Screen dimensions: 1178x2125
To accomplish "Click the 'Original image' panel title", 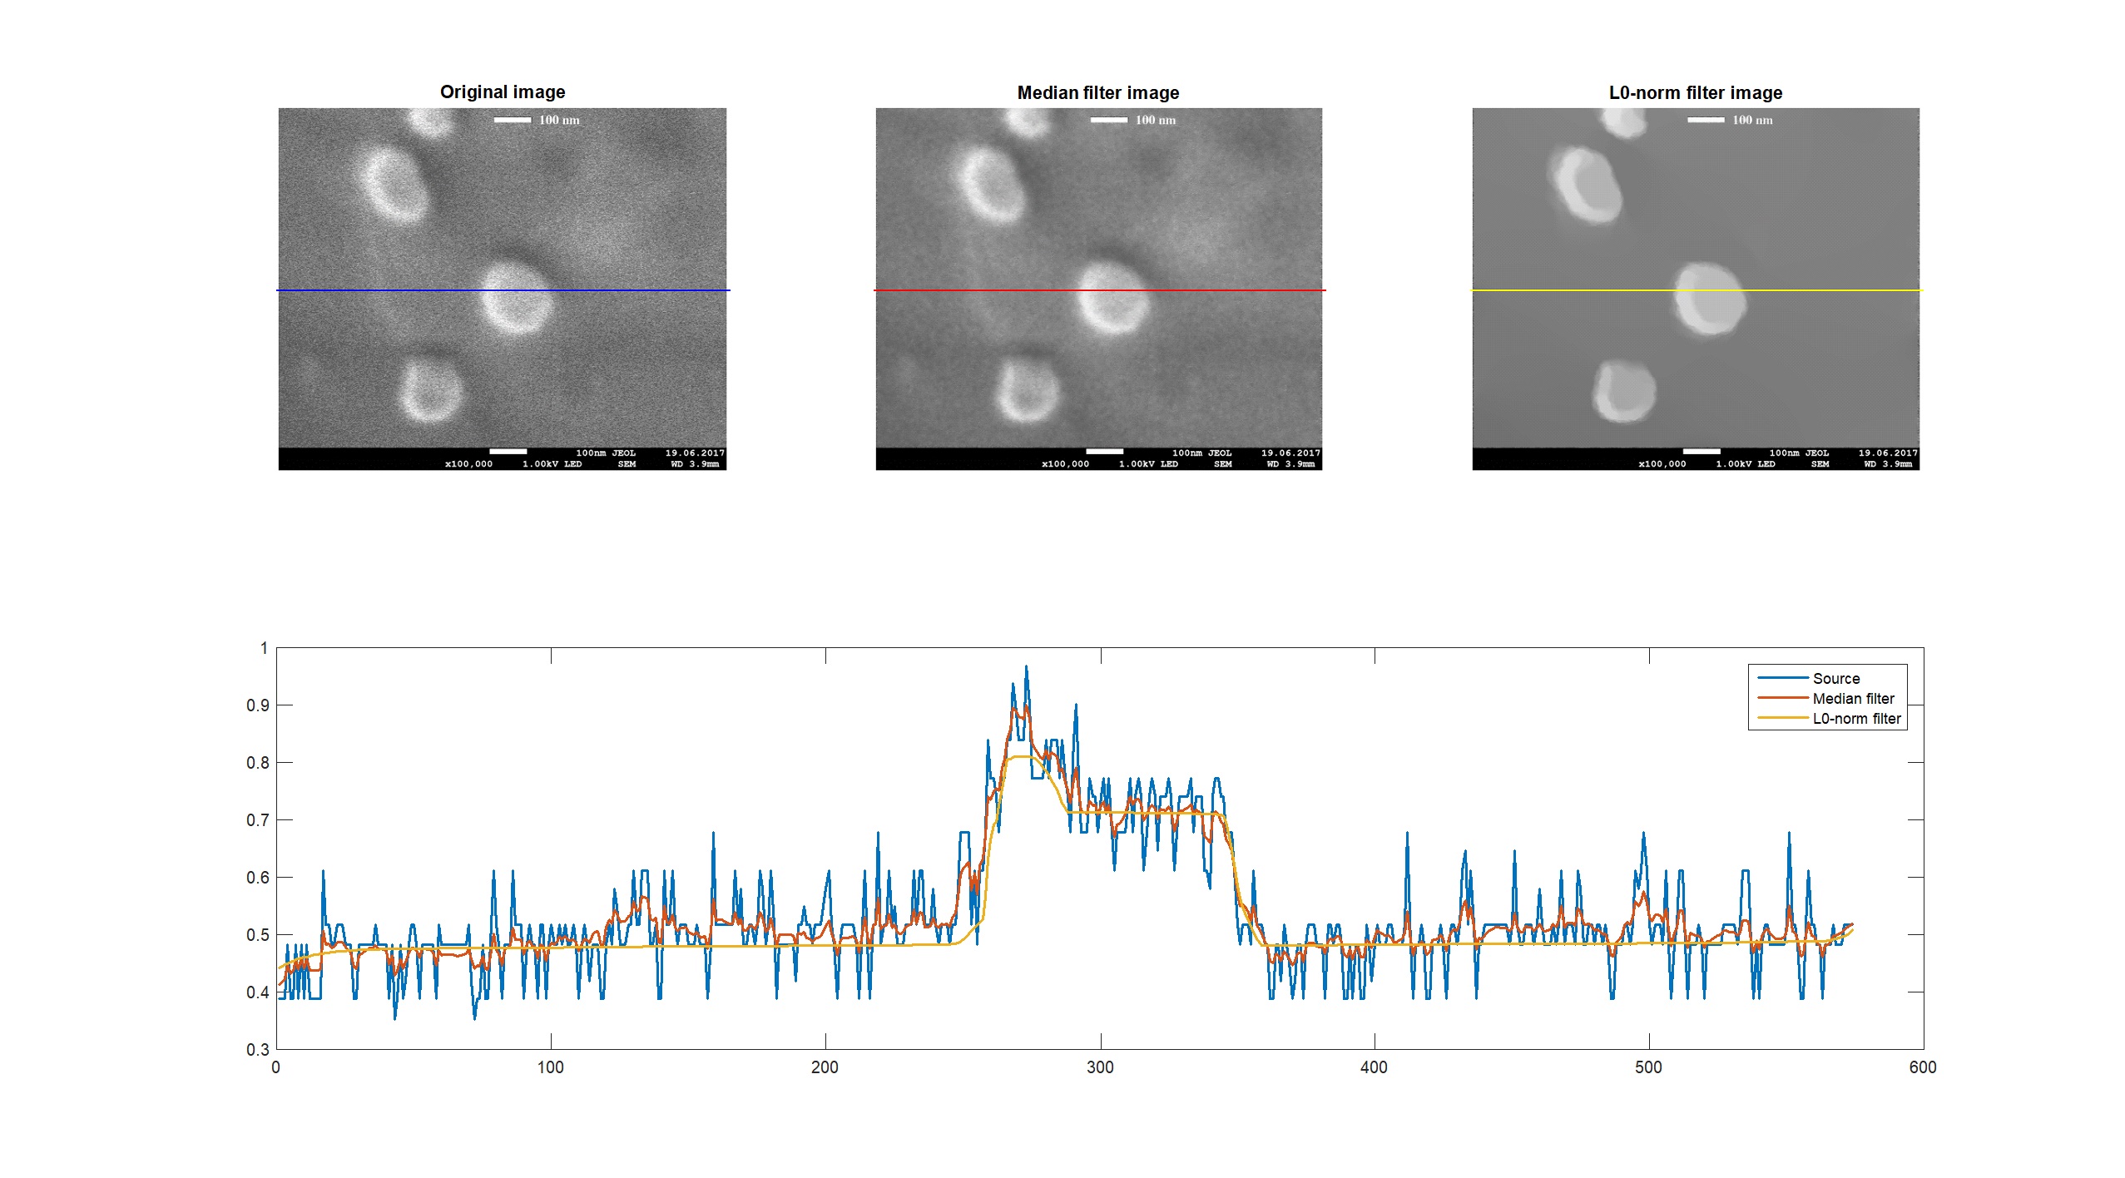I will [x=502, y=92].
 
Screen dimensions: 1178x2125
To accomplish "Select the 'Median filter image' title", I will [x=1097, y=92].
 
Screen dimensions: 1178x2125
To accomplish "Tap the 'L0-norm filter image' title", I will [x=1695, y=92].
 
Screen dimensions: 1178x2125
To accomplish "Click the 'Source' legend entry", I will [x=1835, y=679].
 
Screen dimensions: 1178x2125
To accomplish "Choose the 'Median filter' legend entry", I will [x=1853, y=699].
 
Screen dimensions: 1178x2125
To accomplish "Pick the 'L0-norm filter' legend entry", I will [x=1856, y=719].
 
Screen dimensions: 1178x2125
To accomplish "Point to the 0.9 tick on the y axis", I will [x=257, y=705].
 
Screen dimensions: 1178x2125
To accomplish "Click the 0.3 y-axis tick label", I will [x=257, y=1050].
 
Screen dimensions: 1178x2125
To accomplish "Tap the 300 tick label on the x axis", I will [x=1100, y=1067].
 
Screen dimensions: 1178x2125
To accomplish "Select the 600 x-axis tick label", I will [x=1923, y=1067].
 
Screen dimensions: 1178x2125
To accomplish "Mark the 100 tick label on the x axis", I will [x=550, y=1067].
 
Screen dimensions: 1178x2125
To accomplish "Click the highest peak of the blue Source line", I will [x=1026, y=667].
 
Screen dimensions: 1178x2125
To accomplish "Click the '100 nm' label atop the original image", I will [x=559, y=120].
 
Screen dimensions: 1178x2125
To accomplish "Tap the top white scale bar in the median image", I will [x=1108, y=120].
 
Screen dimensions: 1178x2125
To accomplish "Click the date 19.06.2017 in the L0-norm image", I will [x=1888, y=453].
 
